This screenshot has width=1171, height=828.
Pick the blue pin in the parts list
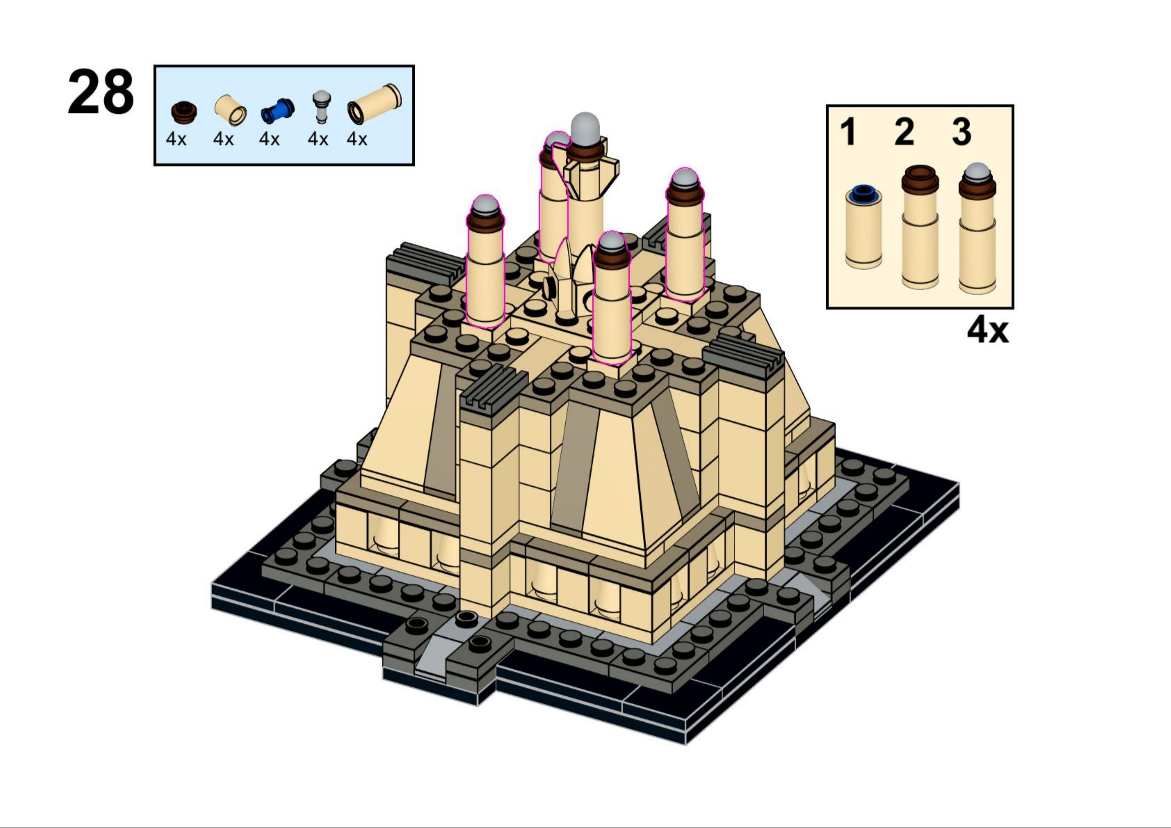click(277, 110)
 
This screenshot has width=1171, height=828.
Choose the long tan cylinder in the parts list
click(374, 104)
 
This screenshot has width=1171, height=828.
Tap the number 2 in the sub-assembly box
click(904, 131)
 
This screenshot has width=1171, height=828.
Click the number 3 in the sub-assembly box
click(961, 131)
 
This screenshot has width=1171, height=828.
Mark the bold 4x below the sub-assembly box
click(988, 331)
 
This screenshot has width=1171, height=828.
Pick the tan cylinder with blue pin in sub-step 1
click(863, 226)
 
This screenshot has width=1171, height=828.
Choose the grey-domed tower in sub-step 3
click(977, 228)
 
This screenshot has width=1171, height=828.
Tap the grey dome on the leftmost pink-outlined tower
click(485, 206)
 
